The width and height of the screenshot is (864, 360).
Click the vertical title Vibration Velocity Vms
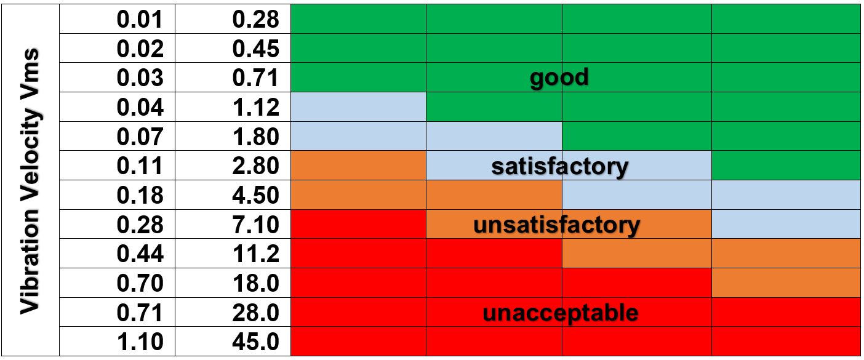click(30, 182)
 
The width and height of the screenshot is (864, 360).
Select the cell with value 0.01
click(140, 19)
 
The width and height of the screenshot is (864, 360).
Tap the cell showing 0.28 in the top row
click(256, 19)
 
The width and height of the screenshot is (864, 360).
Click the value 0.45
click(256, 49)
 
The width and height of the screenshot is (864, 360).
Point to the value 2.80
click(256, 166)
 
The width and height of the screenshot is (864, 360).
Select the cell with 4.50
click(256, 195)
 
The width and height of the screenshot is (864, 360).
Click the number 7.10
click(256, 225)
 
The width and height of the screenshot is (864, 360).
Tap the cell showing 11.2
click(256, 254)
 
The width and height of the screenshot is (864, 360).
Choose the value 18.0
click(256, 283)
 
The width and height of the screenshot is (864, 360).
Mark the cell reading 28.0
click(256, 313)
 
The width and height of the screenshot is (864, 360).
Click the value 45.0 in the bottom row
click(256, 342)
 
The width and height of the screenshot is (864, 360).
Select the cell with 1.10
click(140, 342)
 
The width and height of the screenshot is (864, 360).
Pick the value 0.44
click(140, 254)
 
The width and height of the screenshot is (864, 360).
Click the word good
click(559, 78)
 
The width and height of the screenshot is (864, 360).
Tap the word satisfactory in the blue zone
click(559, 166)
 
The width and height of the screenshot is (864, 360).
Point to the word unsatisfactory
click(556, 225)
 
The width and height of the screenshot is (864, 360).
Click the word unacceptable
click(560, 313)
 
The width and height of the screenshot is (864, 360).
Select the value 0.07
click(140, 137)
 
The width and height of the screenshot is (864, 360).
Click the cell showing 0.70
click(140, 283)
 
